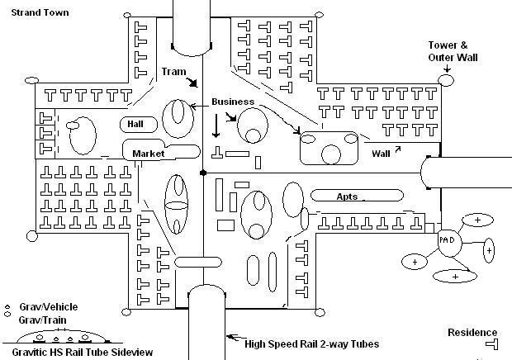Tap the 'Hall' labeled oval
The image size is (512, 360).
click(x=136, y=124)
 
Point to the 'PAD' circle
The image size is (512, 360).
click(x=448, y=239)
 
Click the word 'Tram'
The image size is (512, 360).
click(x=173, y=72)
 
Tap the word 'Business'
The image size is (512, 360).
click(x=233, y=102)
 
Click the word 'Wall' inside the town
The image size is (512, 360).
click(x=381, y=153)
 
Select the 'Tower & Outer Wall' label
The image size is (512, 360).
click(x=453, y=51)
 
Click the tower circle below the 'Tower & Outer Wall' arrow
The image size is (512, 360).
click(x=447, y=81)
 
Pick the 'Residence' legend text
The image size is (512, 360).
click(x=472, y=333)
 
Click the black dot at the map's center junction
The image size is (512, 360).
click(x=203, y=173)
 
